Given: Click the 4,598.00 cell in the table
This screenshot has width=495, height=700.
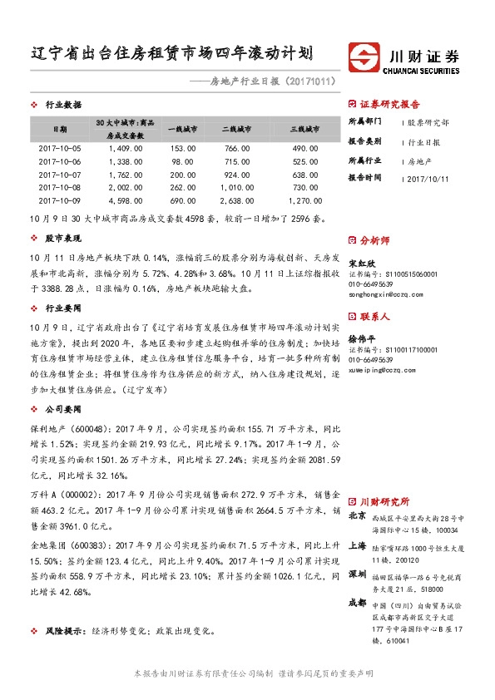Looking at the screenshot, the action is click(126, 201).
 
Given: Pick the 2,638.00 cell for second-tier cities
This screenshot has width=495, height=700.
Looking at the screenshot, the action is click(236, 201).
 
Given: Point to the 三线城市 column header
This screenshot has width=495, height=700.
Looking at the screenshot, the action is click(305, 130).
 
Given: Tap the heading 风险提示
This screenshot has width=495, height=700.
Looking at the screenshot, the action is click(63, 632).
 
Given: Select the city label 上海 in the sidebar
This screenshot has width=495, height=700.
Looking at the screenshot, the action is click(357, 545).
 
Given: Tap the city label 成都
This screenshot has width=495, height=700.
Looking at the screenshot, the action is click(357, 601).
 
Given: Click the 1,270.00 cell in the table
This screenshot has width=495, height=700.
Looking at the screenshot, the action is click(305, 201).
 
